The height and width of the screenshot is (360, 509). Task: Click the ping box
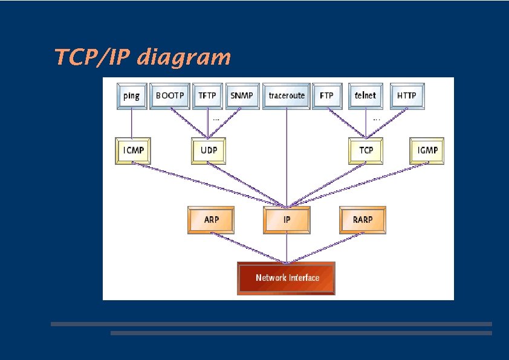point(132,96)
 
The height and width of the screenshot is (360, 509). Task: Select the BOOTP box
point(170,96)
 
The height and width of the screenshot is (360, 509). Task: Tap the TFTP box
point(207,96)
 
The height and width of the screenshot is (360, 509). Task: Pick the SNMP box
point(242,96)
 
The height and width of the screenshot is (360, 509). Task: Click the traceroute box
point(286,96)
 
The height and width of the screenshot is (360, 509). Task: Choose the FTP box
point(326,96)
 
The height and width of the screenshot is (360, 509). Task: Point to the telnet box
point(365,96)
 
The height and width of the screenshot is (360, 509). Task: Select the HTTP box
point(406,96)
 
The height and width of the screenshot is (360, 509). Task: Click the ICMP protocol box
point(133,150)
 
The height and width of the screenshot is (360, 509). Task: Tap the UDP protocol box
point(209,150)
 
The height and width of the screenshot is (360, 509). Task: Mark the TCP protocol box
point(366,150)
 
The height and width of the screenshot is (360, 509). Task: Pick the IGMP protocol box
point(427,150)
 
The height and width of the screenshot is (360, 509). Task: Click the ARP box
point(211,220)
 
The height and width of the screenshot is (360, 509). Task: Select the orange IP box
point(287,220)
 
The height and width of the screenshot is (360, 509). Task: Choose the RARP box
point(362,220)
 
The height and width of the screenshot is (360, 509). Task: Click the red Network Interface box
point(286,278)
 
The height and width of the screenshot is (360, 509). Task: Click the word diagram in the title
point(184,57)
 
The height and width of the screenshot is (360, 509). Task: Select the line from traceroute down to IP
point(287,157)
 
